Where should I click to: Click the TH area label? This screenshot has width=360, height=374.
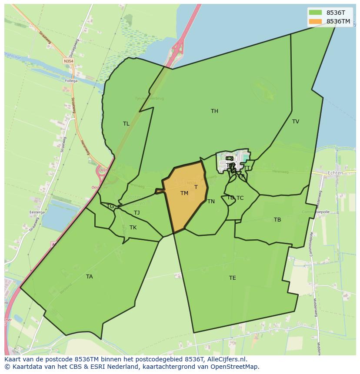[214, 111]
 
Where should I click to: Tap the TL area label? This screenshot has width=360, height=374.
[126, 124]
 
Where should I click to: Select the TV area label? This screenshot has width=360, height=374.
[296, 122]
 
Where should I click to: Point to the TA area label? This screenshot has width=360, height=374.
[89, 277]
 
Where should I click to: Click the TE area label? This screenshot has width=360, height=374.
[233, 278]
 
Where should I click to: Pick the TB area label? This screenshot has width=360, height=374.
[277, 220]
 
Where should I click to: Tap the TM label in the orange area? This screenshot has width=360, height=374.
[184, 193]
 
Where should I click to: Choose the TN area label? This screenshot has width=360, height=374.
[211, 202]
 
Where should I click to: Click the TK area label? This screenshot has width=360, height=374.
[133, 228]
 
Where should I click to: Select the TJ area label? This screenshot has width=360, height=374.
[137, 213]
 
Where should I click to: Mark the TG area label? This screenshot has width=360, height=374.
[110, 206]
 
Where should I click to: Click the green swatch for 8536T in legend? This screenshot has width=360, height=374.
[315, 13]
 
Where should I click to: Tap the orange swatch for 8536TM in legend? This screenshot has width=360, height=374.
[315, 21]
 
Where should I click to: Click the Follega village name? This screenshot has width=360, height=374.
[71, 81]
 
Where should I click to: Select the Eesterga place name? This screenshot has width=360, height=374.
[37, 212]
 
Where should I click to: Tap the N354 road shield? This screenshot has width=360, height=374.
[68, 61]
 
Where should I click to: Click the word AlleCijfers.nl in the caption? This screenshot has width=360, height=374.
[227, 359]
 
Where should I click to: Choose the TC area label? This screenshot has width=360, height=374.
[240, 198]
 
